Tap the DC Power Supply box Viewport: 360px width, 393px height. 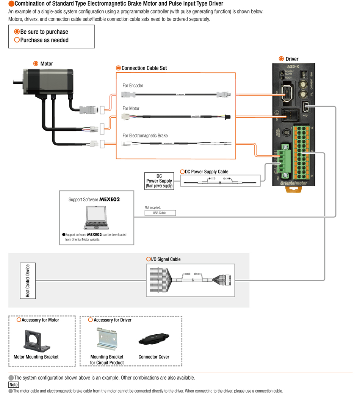pyautogui.click(x=159, y=181)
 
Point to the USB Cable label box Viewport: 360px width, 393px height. pyautogui.click(x=160, y=213)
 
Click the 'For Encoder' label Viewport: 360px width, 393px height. pyautogui.click(x=133, y=86)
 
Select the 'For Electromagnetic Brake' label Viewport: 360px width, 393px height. pyautogui.click(x=145, y=136)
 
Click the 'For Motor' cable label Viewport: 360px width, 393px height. pyautogui.click(x=131, y=109)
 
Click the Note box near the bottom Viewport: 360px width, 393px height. pyautogui.click(x=13, y=385)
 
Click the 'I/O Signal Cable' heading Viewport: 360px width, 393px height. pyautogui.click(x=166, y=259)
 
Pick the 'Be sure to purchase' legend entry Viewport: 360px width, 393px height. pyautogui.click(x=44, y=32)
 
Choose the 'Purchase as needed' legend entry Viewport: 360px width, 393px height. pyautogui.click(x=44, y=40)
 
